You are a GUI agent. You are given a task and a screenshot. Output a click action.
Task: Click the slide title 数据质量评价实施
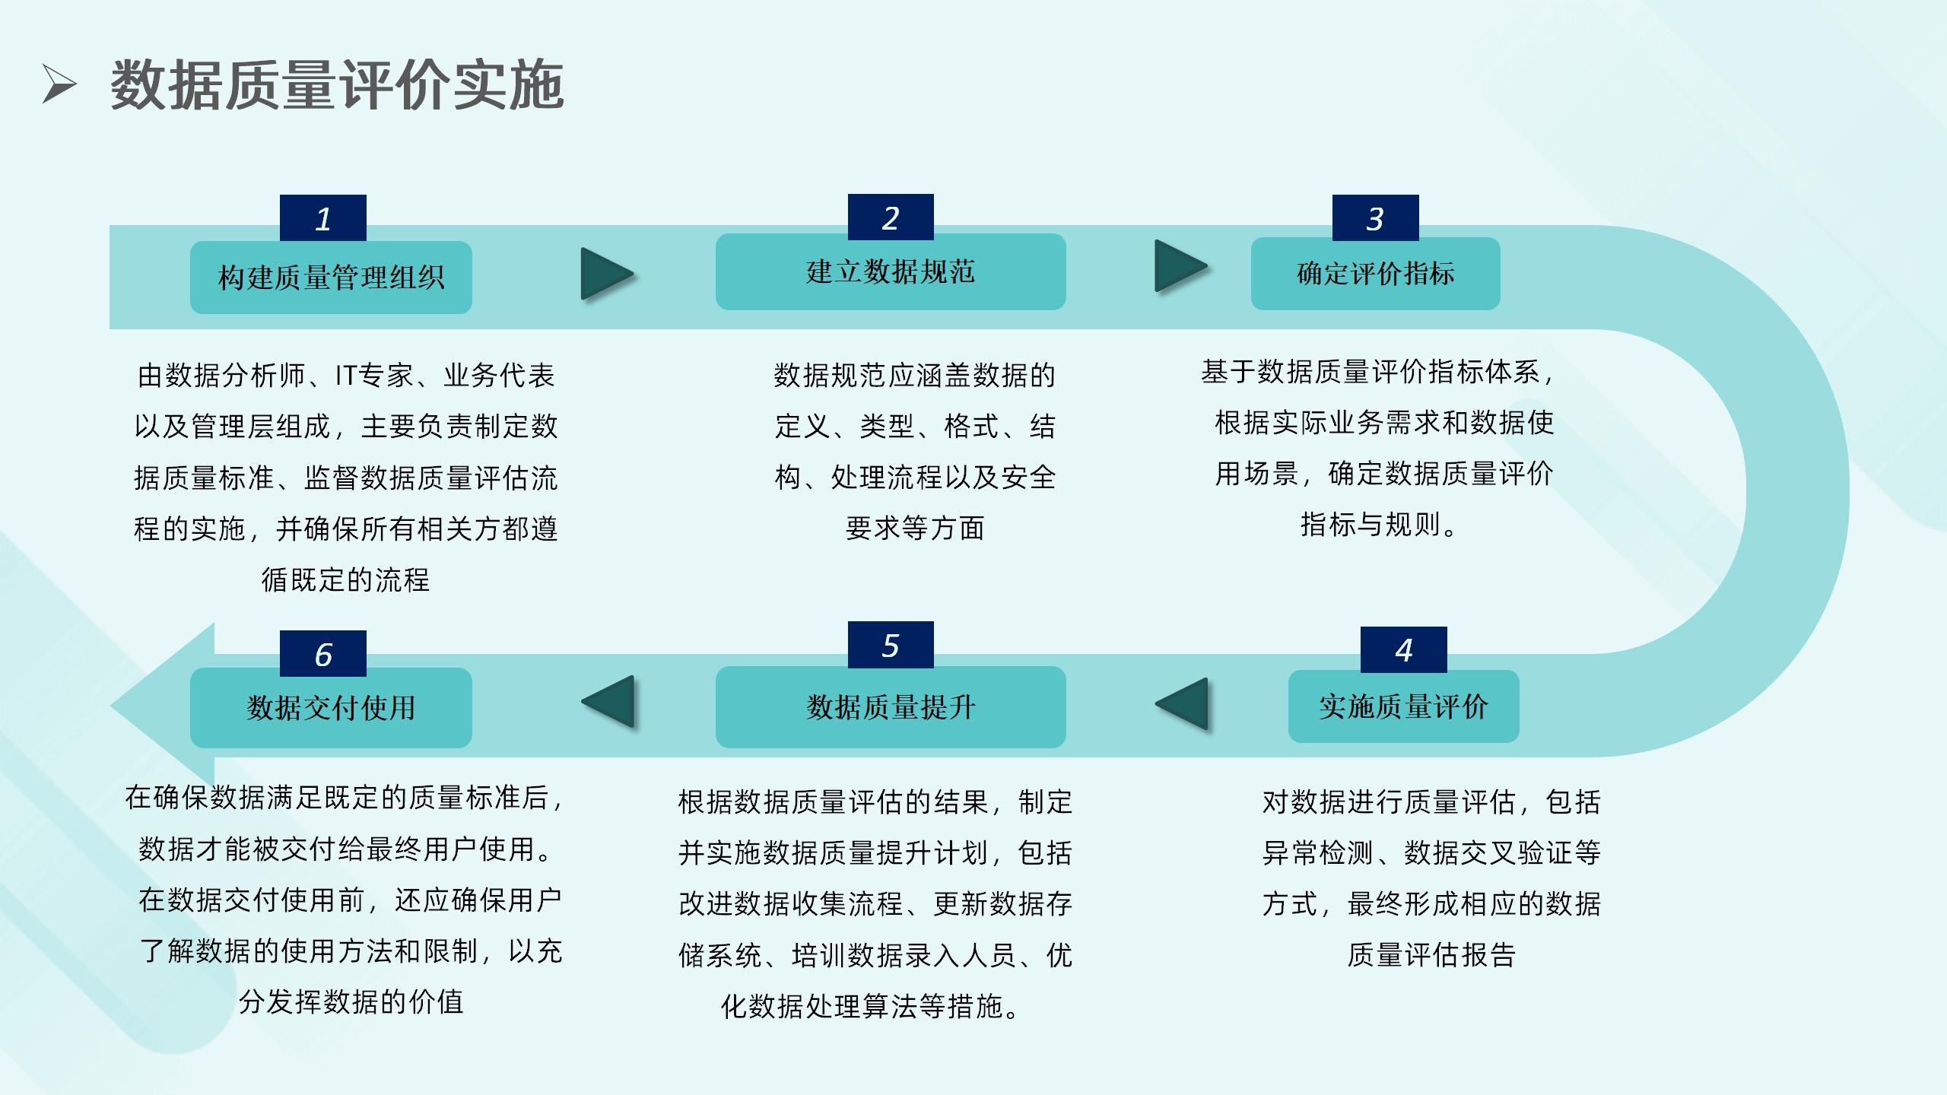(337, 85)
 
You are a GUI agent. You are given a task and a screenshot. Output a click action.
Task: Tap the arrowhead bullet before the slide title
(59, 84)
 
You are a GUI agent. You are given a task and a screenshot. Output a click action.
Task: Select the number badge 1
(323, 219)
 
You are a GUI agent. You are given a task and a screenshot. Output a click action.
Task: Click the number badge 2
(891, 218)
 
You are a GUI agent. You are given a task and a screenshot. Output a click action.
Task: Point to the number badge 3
(1375, 219)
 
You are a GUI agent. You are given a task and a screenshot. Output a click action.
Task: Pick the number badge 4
(1403, 650)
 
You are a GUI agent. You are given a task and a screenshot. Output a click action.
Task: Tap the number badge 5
(891, 646)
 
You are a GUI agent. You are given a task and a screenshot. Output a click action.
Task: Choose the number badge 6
(323, 654)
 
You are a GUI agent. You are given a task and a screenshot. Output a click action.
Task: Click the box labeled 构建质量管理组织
(331, 278)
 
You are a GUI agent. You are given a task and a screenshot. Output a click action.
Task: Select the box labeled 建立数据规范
(891, 272)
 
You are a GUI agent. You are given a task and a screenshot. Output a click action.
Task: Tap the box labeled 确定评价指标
(1375, 274)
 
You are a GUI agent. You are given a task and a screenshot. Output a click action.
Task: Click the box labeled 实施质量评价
(1403, 706)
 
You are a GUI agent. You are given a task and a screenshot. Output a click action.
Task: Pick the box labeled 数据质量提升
(891, 707)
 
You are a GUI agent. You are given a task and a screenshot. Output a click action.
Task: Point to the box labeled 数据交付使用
(331, 708)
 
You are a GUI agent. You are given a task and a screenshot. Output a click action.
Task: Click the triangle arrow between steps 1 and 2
(605, 274)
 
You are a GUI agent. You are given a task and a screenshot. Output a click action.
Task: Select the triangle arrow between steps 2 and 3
(1179, 266)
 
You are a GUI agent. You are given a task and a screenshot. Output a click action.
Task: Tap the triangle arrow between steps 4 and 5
(1183, 703)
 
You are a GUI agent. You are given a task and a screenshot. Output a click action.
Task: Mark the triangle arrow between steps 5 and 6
(609, 702)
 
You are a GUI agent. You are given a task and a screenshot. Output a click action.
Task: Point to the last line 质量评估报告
(1431, 954)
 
